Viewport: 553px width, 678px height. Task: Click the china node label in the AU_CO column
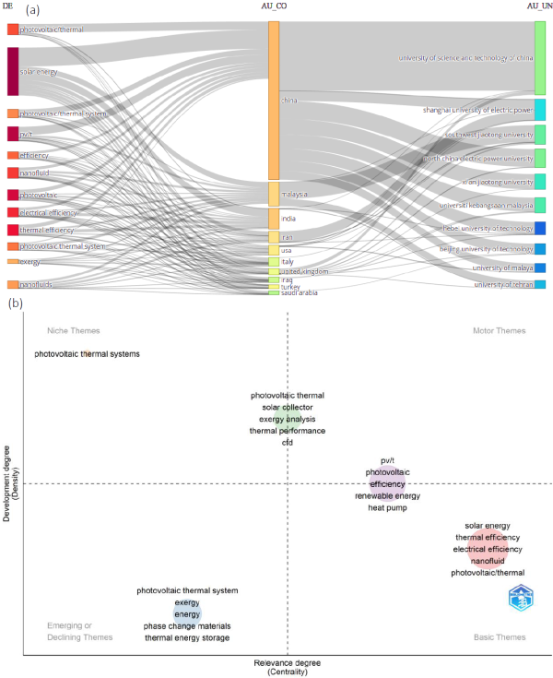288,100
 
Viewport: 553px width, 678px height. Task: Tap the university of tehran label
503,285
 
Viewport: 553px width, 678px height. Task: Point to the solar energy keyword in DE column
41,71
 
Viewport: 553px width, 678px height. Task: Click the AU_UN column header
539,7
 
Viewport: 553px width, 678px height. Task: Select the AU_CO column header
275,7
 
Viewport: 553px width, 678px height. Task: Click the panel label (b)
15,303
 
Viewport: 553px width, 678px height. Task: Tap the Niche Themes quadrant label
73,330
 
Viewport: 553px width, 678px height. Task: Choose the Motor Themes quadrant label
499,330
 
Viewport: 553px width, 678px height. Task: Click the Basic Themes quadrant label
499,637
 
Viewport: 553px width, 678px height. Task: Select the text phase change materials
187,626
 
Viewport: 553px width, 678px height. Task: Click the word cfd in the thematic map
287,443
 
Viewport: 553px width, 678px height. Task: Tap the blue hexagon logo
522,597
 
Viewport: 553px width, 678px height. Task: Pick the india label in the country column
288,219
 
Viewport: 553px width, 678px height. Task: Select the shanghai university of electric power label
477,110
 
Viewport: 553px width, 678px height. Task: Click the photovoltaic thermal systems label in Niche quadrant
87,353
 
